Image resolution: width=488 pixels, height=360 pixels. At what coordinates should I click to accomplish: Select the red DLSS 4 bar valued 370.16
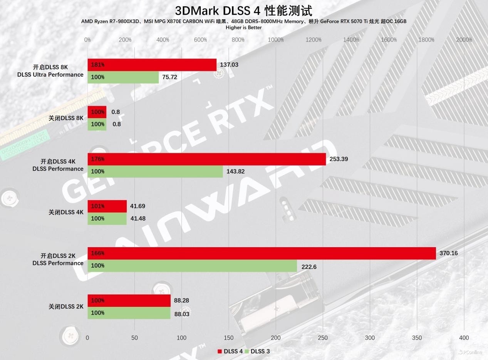[x=262, y=253]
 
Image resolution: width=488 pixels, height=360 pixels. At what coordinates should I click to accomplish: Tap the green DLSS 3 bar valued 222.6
[x=192, y=266]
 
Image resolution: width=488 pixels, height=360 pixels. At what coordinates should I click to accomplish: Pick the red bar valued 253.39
[x=206, y=159]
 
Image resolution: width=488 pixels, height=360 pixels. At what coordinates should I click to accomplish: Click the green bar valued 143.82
[x=155, y=171]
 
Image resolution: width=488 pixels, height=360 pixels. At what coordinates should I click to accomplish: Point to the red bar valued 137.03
[x=152, y=65]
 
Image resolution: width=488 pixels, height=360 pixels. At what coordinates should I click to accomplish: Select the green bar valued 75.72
[x=123, y=77]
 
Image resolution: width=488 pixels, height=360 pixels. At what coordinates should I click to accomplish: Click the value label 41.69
[x=138, y=206]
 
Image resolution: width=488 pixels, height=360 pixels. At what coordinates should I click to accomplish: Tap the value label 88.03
[x=182, y=314]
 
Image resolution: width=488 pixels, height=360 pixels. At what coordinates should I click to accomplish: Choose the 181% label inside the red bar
[x=98, y=65]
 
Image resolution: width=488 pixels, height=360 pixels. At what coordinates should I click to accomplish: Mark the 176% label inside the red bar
[x=98, y=159]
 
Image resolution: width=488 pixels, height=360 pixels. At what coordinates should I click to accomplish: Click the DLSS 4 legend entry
[x=230, y=351]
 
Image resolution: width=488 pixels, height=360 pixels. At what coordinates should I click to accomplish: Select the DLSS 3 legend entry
[x=260, y=351]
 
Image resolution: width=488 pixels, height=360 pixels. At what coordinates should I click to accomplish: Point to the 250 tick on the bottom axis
[x=323, y=338]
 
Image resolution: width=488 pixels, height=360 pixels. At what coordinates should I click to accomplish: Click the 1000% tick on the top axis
[x=276, y=40]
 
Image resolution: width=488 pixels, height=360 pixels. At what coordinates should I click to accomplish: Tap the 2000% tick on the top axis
[x=464, y=40]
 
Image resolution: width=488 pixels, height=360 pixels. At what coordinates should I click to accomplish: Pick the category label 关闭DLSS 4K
[x=66, y=212]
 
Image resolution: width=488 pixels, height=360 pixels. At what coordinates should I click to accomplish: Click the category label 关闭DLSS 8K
[x=66, y=118]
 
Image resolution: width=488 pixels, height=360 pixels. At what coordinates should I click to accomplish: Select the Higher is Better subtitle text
[x=243, y=27]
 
